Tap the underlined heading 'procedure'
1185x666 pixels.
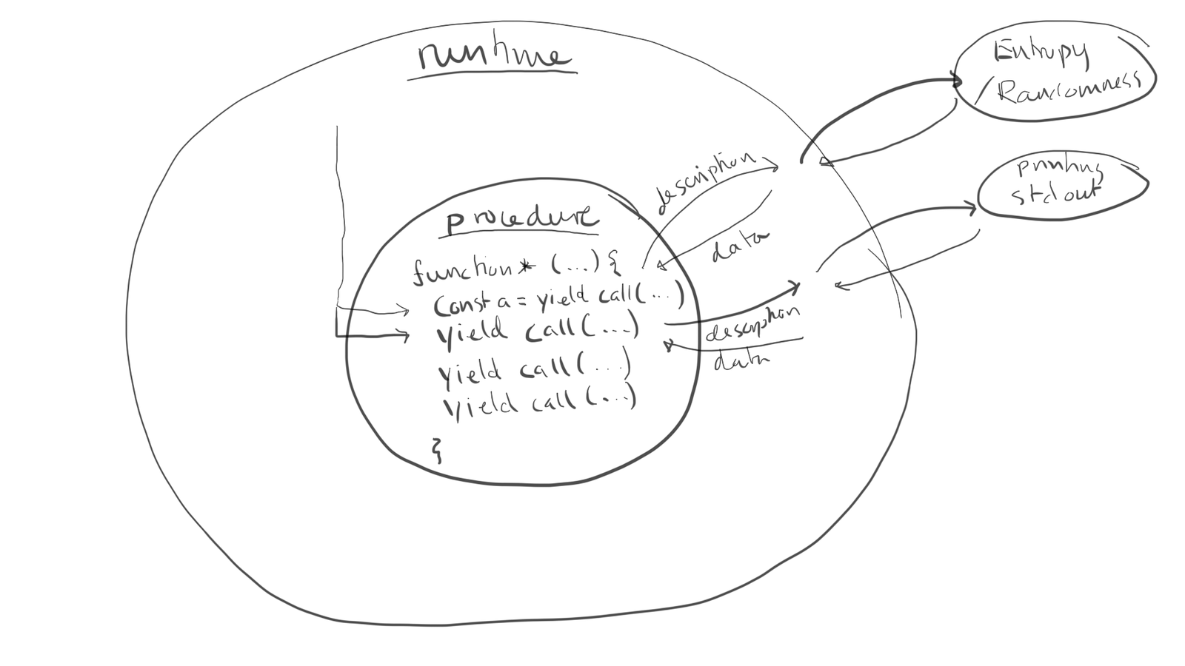pyautogui.click(x=521, y=218)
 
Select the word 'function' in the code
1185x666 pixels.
pyautogui.click(x=462, y=270)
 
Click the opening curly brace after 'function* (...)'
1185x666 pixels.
pyautogui.click(x=614, y=261)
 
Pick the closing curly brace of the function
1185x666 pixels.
pyautogui.click(x=437, y=449)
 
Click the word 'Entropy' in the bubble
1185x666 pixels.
pyautogui.click(x=1041, y=52)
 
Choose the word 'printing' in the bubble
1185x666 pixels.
pyautogui.click(x=1060, y=169)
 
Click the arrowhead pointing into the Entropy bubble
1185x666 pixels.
pyautogui.click(x=957, y=81)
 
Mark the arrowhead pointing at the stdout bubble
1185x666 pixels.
pyautogui.click(x=972, y=209)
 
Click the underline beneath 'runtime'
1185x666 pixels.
pyautogui.click(x=492, y=75)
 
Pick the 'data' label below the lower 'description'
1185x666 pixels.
pyautogui.click(x=741, y=360)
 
